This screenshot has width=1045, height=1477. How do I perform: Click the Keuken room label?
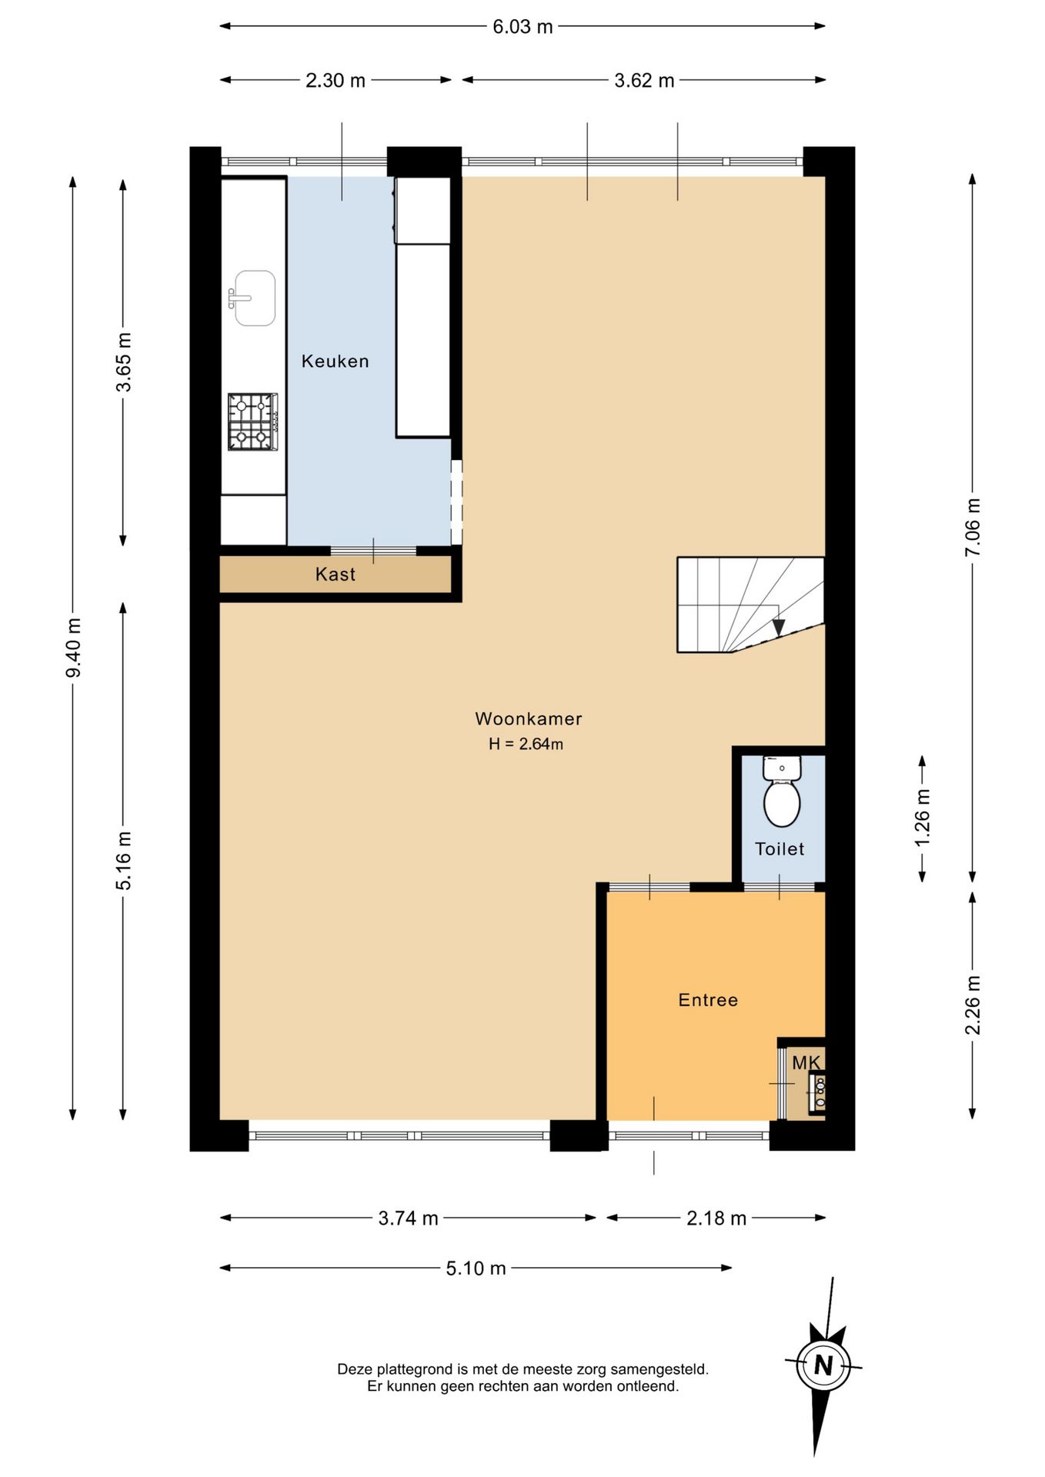pyautogui.click(x=335, y=361)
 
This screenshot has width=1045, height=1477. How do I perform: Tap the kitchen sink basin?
pyautogui.click(x=255, y=298)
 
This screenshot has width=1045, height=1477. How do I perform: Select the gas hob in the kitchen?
pyautogui.click(x=252, y=422)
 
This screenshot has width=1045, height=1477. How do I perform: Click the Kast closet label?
pyautogui.click(x=336, y=574)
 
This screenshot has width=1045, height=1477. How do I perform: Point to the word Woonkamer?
pyautogui.click(x=529, y=718)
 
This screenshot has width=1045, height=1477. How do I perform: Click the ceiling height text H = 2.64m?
pyautogui.click(x=526, y=744)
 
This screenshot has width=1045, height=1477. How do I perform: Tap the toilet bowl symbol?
pyautogui.click(x=782, y=792)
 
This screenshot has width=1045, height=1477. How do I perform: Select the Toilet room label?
pyautogui.click(x=780, y=849)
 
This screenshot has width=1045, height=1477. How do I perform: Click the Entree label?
pyautogui.click(x=708, y=1000)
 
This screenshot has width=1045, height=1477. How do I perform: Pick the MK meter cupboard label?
pyautogui.click(x=806, y=1062)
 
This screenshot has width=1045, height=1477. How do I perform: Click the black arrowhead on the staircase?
pyautogui.click(x=779, y=627)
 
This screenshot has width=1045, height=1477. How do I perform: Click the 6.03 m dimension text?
pyautogui.click(x=522, y=26)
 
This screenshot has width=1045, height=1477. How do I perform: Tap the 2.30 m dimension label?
pyautogui.click(x=336, y=80)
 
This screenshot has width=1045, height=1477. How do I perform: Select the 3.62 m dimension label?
pyautogui.click(x=644, y=80)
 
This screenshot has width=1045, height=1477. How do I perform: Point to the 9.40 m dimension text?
pyautogui.click(x=74, y=648)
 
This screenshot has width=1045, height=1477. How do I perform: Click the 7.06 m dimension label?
pyautogui.click(x=973, y=527)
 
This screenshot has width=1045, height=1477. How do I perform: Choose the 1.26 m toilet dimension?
pyautogui.click(x=923, y=817)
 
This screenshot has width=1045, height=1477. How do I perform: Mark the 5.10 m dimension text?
pyautogui.click(x=476, y=1268)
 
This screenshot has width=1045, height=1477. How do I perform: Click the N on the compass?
pyautogui.click(x=823, y=1365)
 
